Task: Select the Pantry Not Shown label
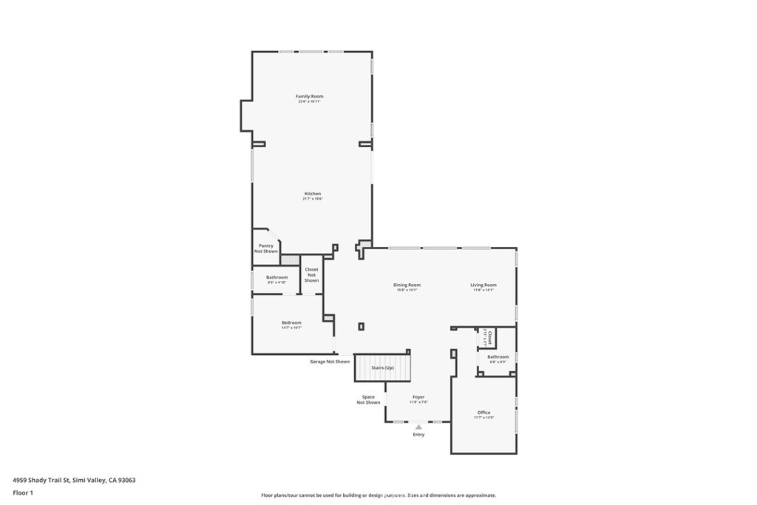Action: tap(266, 248)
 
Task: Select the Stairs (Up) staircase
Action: tap(382, 367)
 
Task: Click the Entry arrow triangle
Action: tap(418, 427)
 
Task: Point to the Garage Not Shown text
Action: tap(330, 362)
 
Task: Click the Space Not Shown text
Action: tap(368, 400)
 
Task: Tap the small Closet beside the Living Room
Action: tap(487, 337)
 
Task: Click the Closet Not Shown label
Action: tap(311, 275)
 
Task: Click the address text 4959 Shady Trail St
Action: tap(74, 480)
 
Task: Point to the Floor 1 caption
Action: tap(23, 492)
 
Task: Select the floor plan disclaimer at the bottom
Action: tap(378, 495)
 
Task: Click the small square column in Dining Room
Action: tap(361, 326)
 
